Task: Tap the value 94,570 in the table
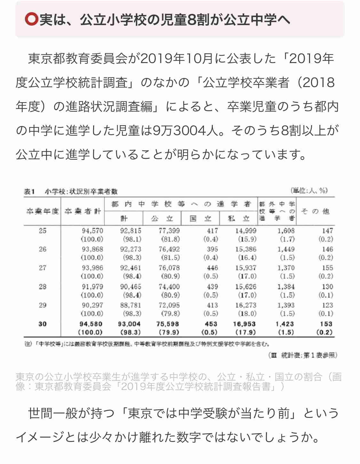coord(92,231)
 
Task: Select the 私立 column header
coord(238,218)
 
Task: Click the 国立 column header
coord(201,218)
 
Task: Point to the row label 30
coord(43,324)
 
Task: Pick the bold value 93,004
coord(129,324)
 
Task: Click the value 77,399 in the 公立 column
coord(169,231)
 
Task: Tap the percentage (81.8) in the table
coord(169,239)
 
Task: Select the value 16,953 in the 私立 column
coord(244,324)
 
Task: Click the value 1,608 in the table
coord(286,231)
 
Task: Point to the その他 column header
coord(315,211)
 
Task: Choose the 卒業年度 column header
coord(42,211)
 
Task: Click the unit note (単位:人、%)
coord(309,191)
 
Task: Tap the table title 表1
coord(29,191)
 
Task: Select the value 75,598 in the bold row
coord(168,324)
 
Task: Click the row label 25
coord(43,231)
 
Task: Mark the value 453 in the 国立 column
coord(211,324)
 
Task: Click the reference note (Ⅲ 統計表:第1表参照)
coord(302,355)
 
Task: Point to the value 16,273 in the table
coord(246,305)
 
